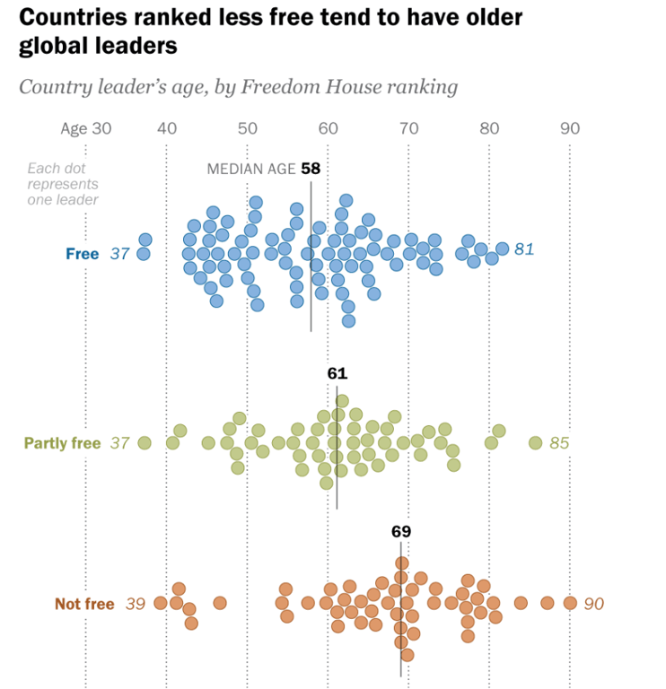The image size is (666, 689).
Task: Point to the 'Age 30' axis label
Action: [86, 128]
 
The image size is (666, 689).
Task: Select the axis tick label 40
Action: [167, 128]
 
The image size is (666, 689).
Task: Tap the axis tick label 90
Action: [570, 128]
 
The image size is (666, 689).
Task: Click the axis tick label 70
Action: [408, 128]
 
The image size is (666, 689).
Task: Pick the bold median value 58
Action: [311, 168]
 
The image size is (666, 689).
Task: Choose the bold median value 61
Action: [337, 373]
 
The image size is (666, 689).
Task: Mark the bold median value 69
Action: [401, 530]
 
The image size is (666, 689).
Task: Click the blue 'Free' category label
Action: [82, 254]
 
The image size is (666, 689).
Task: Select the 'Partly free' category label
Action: [62, 443]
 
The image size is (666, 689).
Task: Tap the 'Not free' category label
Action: [84, 604]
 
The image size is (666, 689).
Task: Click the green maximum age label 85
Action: [559, 443]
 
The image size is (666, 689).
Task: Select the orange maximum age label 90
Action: [593, 604]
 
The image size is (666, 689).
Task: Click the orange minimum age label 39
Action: [135, 604]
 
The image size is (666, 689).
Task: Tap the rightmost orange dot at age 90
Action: [570, 603]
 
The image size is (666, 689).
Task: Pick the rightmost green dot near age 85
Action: [535, 442]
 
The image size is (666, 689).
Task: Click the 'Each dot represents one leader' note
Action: [62, 183]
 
